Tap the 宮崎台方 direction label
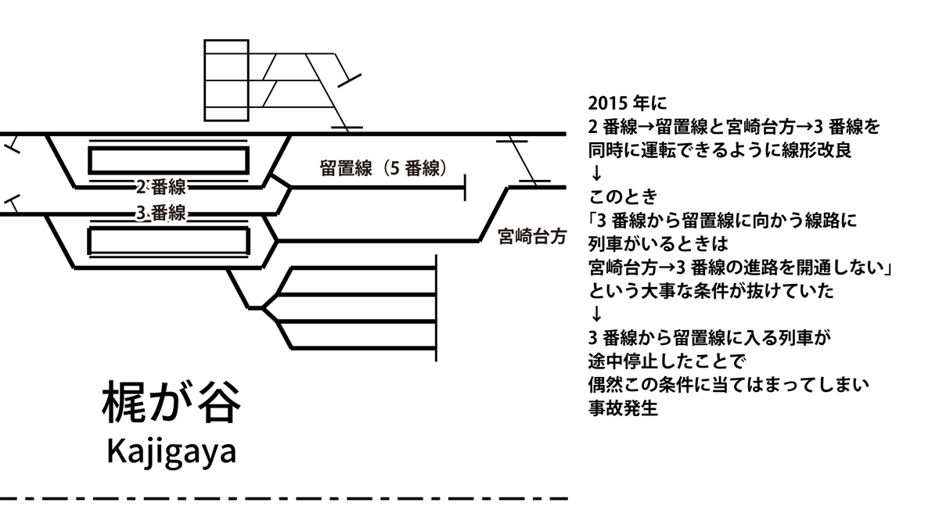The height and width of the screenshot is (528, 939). [531, 237]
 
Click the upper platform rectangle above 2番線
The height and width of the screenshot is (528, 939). [168, 160]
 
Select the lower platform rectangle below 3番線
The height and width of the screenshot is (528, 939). [168, 240]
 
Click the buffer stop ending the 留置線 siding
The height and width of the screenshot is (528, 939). [466, 188]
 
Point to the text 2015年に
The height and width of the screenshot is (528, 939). [625, 104]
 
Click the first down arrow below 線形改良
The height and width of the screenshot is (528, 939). [596, 171]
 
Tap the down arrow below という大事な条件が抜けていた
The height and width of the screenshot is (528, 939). [596, 314]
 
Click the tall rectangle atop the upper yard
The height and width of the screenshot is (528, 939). [226, 80]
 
